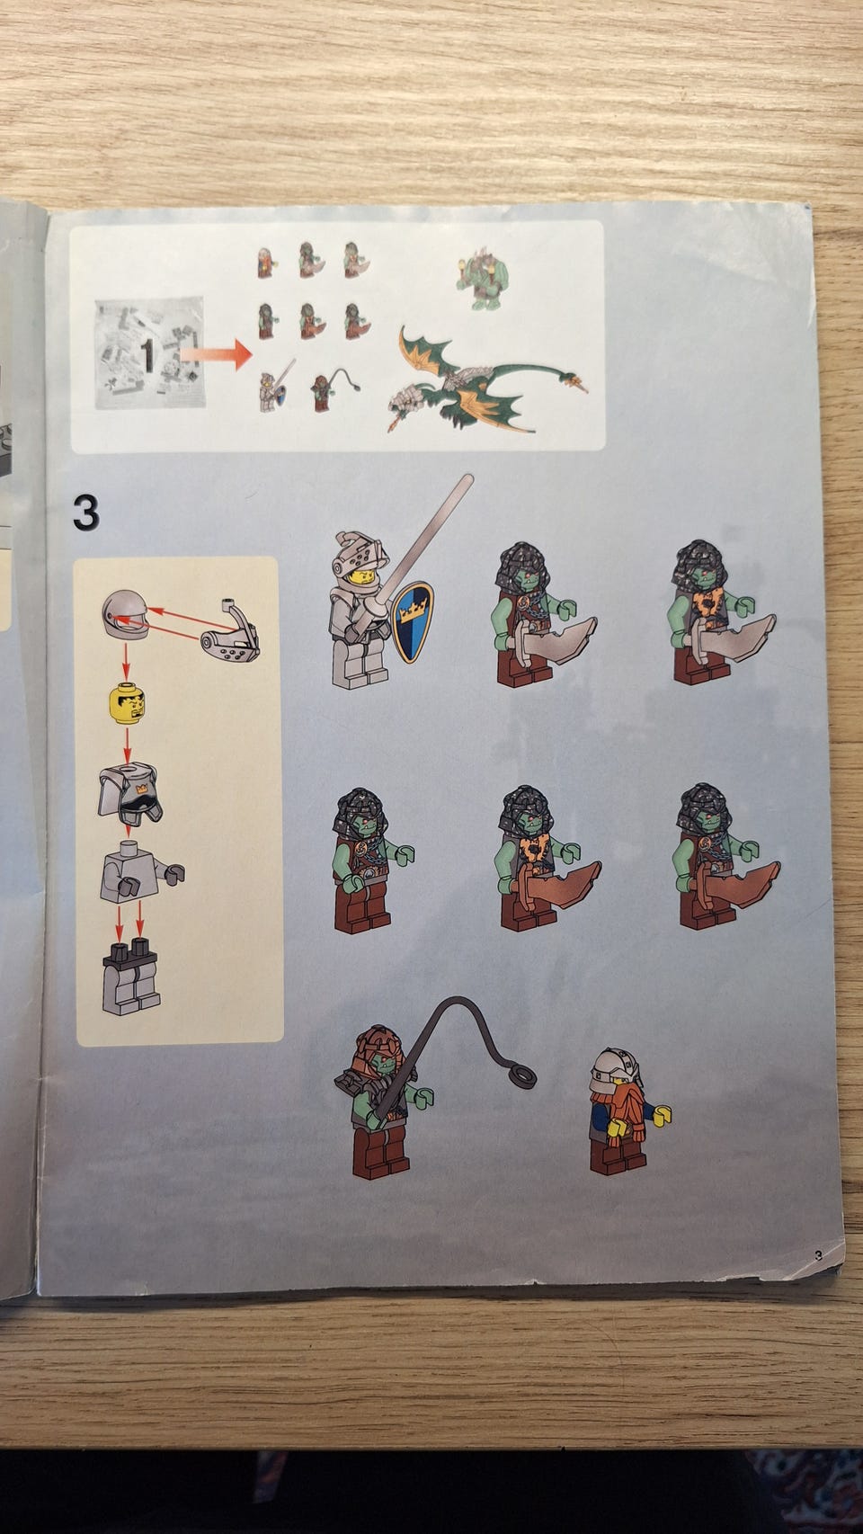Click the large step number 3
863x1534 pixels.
coord(86,513)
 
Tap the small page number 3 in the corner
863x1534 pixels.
coord(818,1256)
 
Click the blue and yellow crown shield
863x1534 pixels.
coord(412,622)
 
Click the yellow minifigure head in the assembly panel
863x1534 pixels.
coord(127,703)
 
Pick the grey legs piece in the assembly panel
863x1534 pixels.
coord(131,977)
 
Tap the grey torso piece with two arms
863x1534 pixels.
coord(139,872)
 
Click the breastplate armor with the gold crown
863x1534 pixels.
coord(130,794)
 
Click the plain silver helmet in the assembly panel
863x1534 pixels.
coord(125,614)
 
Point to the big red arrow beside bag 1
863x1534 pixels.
coord(216,354)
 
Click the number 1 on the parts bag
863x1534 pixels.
coord(147,355)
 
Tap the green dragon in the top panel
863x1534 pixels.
coord(487,380)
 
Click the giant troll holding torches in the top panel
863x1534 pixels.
coord(483,280)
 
